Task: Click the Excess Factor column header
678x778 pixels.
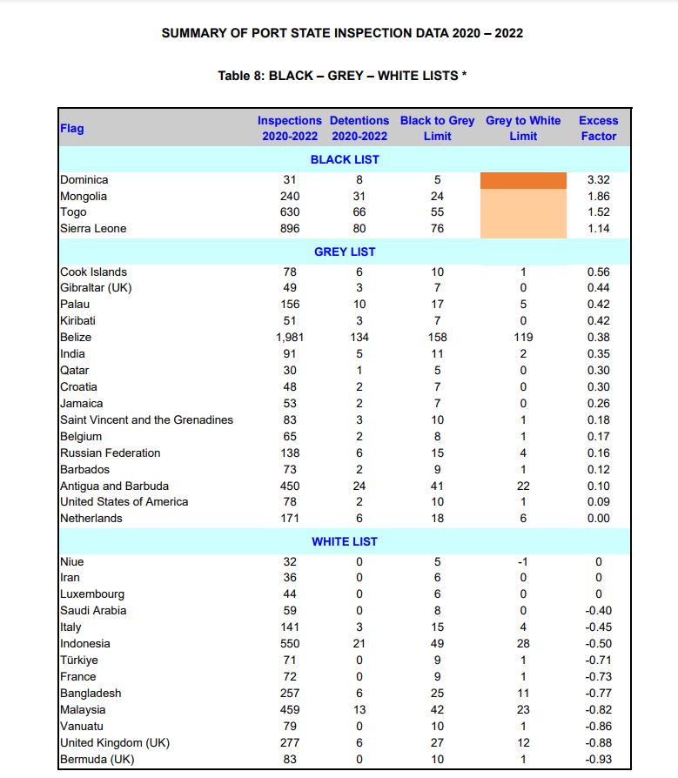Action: pos(598,128)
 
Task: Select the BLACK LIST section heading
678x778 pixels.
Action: pos(345,159)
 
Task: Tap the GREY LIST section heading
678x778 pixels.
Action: pos(345,252)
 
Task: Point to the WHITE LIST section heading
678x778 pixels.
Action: pos(345,541)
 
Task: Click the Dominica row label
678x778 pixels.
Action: pos(84,179)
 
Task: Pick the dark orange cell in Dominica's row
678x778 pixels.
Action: pos(523,180)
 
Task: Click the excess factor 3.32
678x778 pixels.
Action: pos(598,179)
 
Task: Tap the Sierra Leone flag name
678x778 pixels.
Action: pos(93,228)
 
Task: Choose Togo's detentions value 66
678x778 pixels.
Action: pos(359,212)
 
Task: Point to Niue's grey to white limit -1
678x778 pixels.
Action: pos(523,561)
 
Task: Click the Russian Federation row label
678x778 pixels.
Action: pos(111,453)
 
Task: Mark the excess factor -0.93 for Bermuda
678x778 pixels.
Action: pos(598,759)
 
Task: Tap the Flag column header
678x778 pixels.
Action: pos(72,129)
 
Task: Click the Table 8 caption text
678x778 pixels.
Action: pos(342,76)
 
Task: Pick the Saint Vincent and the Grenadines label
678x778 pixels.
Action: pos(147,419)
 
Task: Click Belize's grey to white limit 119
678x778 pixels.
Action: pos(523,337)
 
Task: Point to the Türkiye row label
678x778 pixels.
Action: pos(79,660)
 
